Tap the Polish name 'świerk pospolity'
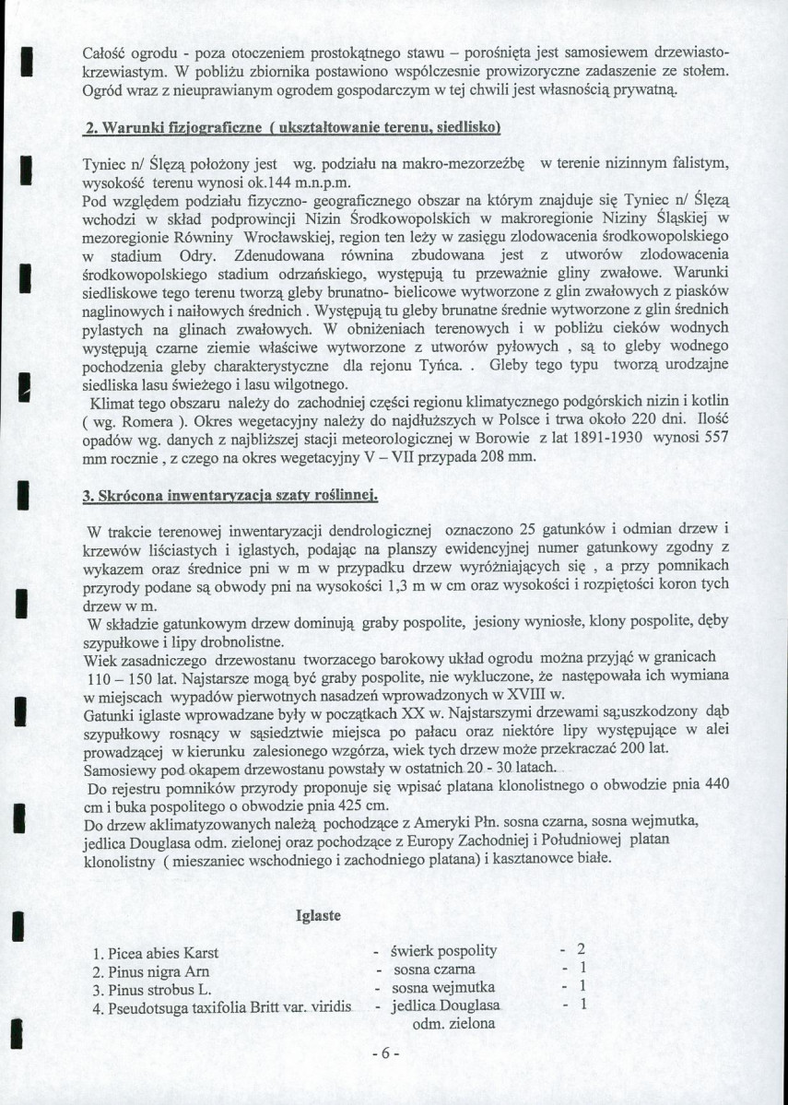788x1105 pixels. point(443,951)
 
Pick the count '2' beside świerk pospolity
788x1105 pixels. point(581,950)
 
